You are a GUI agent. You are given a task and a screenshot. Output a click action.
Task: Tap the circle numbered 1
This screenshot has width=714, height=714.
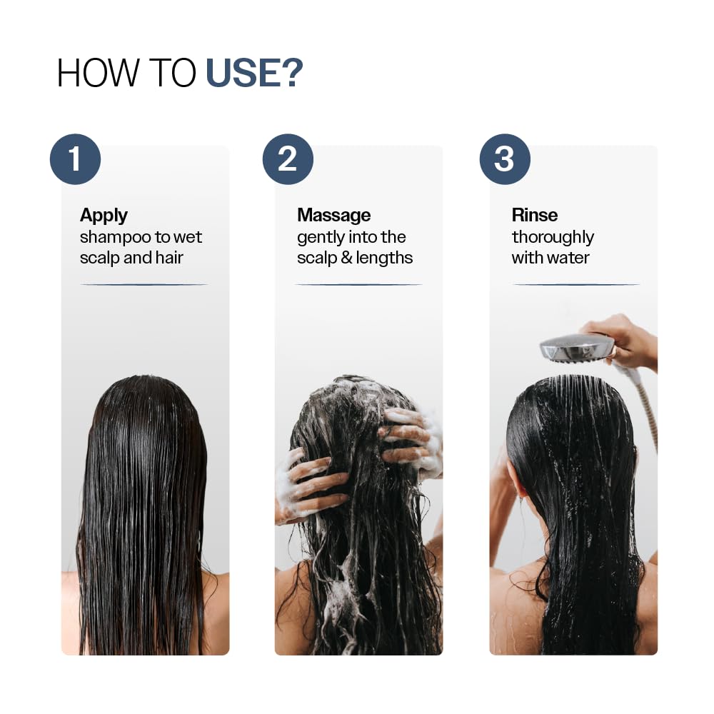pos(75,159)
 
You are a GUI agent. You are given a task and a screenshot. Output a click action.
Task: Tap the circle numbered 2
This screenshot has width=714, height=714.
pos(288,159)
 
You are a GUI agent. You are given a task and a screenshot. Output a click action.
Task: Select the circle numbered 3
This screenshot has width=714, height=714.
pos(504,159)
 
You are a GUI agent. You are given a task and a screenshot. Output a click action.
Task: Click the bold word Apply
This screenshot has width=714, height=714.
pos(104,215)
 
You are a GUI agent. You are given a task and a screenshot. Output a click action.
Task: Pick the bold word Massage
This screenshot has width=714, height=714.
pos(333,215)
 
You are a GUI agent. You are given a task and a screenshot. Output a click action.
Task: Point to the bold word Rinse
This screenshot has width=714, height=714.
pos(534,215)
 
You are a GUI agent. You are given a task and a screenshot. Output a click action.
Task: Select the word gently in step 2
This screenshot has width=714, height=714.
pos(321,237)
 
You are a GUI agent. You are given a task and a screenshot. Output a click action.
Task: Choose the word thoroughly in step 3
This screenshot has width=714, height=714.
pos(553,237)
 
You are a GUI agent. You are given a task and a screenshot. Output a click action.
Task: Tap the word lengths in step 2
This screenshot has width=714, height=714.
pos(385,258)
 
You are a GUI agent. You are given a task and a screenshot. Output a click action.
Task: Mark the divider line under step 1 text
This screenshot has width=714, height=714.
pos(144,284)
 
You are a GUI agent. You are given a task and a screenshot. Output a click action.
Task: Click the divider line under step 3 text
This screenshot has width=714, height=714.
pos(575,284)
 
